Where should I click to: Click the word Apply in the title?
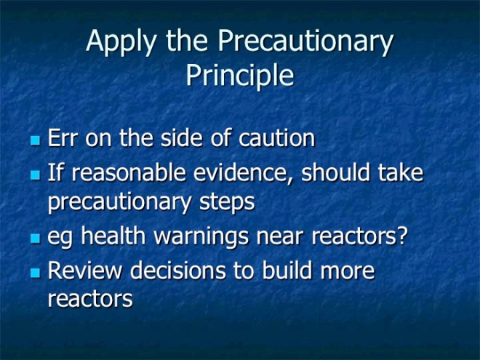click(120, 42)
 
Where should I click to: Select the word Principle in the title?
click(240, 75)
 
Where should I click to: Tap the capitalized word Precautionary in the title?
click(306, 42)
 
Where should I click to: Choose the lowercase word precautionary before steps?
click(120, 203)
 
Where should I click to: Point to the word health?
click(112, 238)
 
